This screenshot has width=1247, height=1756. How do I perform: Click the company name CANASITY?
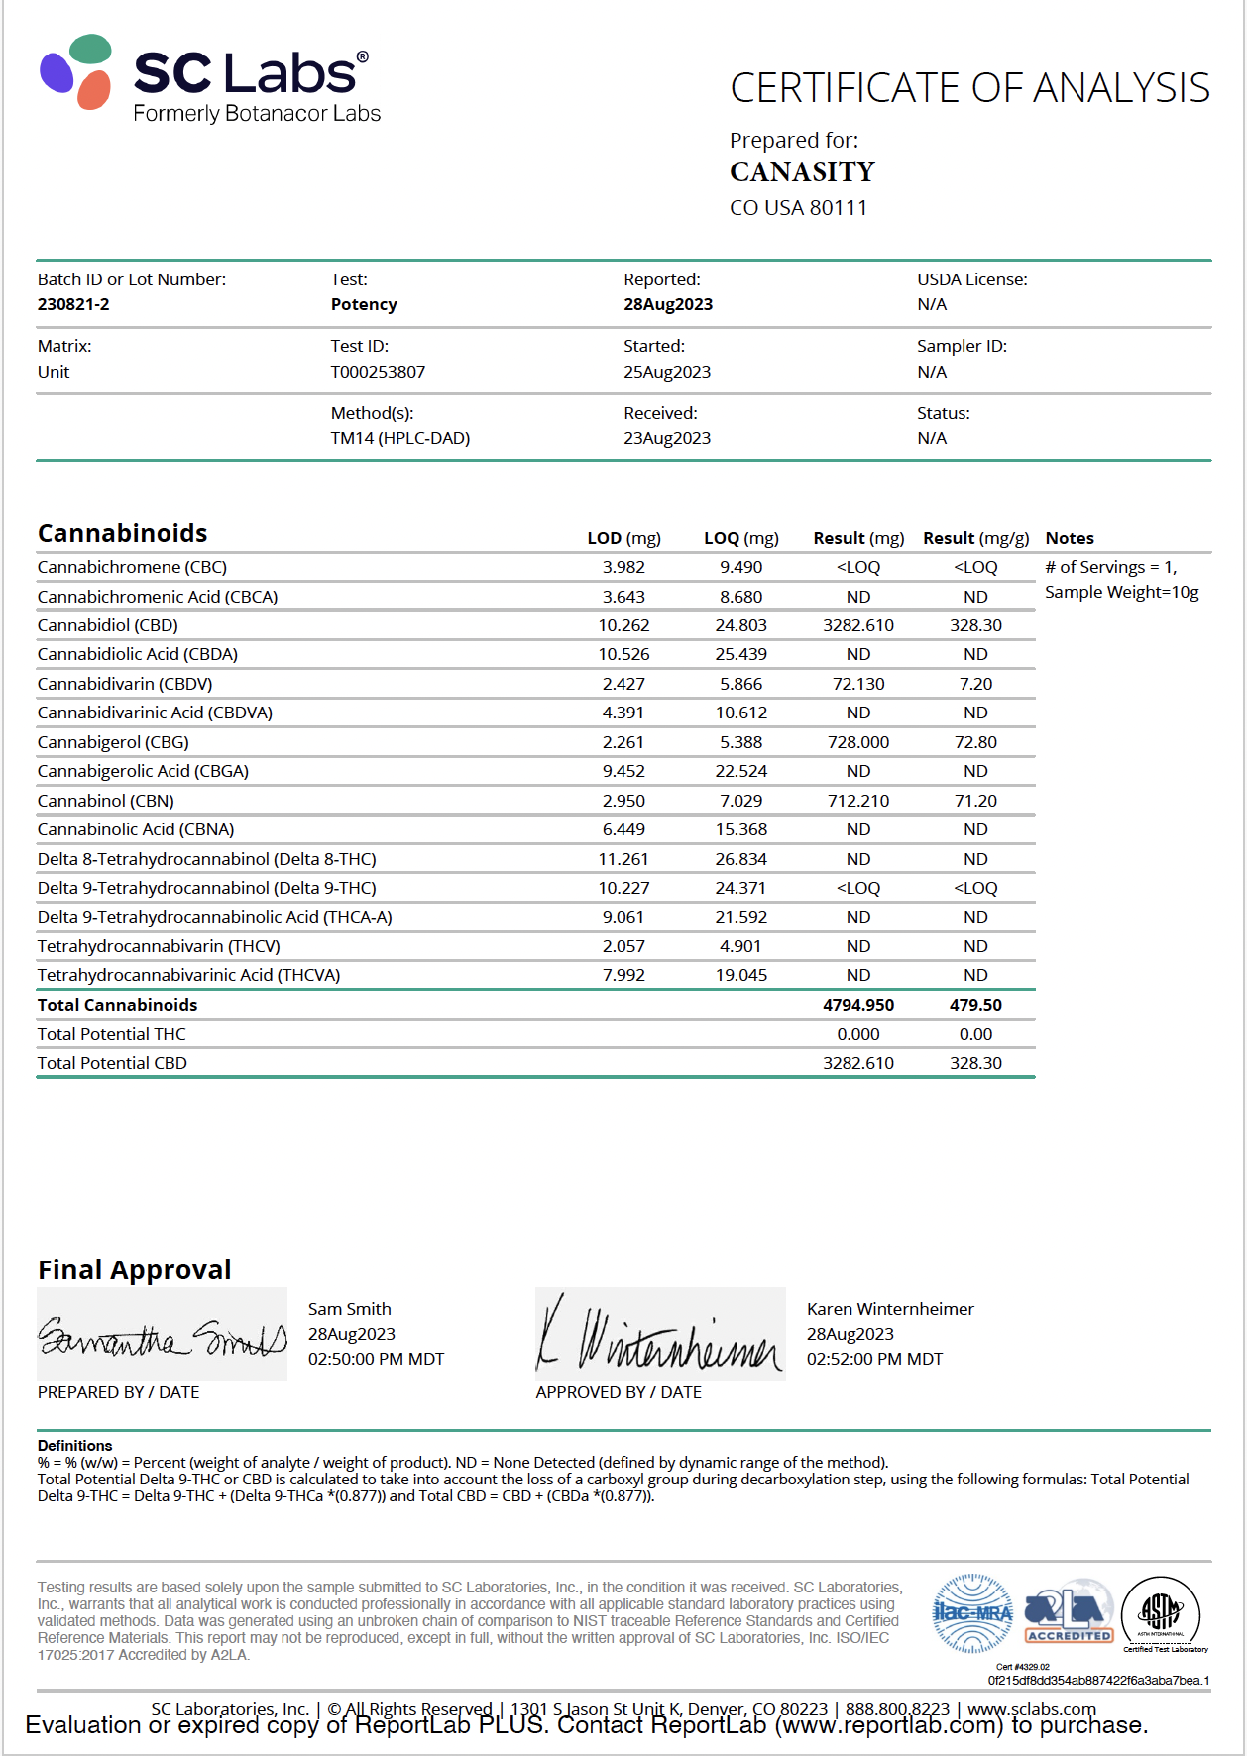pos(802,172)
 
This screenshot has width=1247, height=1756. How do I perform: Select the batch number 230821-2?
pos(73,304)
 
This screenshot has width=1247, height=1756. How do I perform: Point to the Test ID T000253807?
pos(378,372)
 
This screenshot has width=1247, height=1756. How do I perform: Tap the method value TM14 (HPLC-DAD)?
pos(399,438)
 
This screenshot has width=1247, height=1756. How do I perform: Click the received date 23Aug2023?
pos(666,438)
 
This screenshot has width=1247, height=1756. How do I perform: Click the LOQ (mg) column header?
pos(740,538)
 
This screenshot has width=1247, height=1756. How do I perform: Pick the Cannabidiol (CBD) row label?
pos(107,625)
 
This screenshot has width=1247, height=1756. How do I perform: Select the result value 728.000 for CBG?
pos(857,742)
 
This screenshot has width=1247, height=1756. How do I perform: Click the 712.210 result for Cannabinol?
pos(857,801)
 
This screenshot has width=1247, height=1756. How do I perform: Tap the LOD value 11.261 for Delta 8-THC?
pos(623,859)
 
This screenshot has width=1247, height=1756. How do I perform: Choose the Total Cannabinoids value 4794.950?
pos(857,1005)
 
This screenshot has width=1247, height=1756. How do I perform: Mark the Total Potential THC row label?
pos(111,1034)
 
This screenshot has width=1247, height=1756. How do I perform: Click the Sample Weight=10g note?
pos(1121,592)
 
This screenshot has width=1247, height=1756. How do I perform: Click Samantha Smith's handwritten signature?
pos(162,1336)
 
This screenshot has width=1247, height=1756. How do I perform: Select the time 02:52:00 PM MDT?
pos(874,1359)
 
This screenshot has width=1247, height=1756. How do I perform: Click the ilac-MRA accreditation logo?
pos(972,1612)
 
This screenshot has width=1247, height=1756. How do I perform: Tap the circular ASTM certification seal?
pos(1161,1612)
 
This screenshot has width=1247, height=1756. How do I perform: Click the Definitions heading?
pos(74,1446)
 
